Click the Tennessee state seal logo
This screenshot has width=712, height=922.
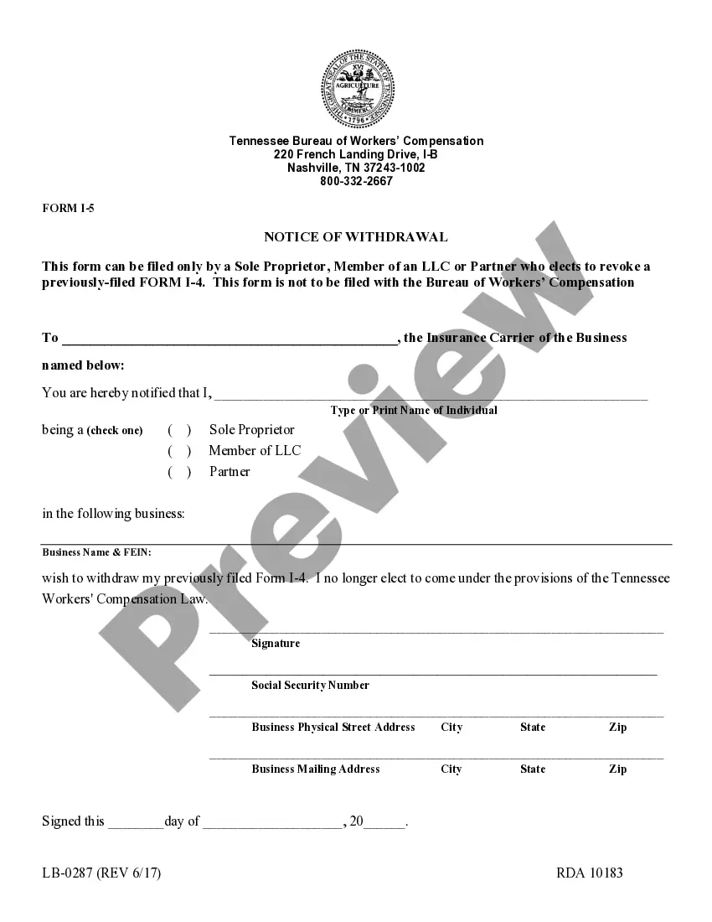click(356, 87)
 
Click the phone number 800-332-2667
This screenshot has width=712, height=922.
click(356, 181)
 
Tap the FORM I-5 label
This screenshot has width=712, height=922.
click(68, 208)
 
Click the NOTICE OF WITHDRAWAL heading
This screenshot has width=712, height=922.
click(356, 237)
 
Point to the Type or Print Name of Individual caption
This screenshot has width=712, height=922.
click(414, 410)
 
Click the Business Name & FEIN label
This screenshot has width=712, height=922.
click(96, 552)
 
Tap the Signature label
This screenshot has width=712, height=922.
click(276, 644)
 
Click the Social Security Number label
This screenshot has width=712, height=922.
click(310, 685)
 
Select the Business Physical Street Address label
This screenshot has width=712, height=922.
click(333, 727)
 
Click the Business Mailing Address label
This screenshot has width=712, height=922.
click(316, 769)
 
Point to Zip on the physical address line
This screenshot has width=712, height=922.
click(617, 727)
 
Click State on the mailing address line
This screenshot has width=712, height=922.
click(533, 769)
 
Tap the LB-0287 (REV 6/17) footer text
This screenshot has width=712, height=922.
click(101, 873)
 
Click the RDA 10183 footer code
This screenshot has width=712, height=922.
click(590, 873)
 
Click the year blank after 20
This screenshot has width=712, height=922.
click(384, 822)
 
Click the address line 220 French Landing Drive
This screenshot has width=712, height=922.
click(356, 154)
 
